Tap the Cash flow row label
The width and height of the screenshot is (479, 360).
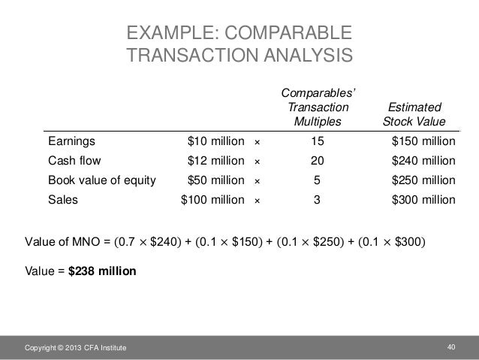tap(74, 160)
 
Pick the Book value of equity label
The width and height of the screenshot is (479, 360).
tap(102, 180)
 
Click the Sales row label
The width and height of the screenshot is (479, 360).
tap(63, 201)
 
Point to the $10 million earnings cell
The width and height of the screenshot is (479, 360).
tap(215, 141)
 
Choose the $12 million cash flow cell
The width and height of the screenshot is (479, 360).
tap(215, 160)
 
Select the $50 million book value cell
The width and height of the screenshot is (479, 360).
tap(215, 180)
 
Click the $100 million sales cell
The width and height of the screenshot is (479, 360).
tap(212, 201)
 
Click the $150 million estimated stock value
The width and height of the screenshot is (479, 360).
tap(424, 141)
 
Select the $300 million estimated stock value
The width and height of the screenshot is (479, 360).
tap(424, 201)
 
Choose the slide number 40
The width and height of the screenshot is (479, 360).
tap(450, 345)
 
